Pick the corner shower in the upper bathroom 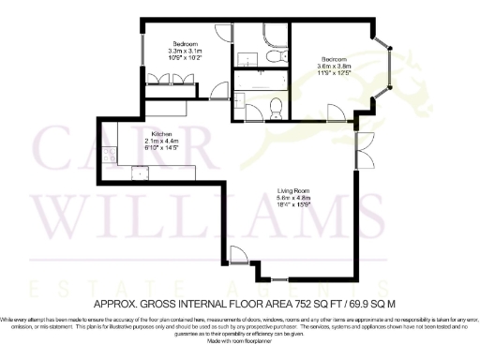coord(273,35)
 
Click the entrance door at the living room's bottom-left coord(240,254)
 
